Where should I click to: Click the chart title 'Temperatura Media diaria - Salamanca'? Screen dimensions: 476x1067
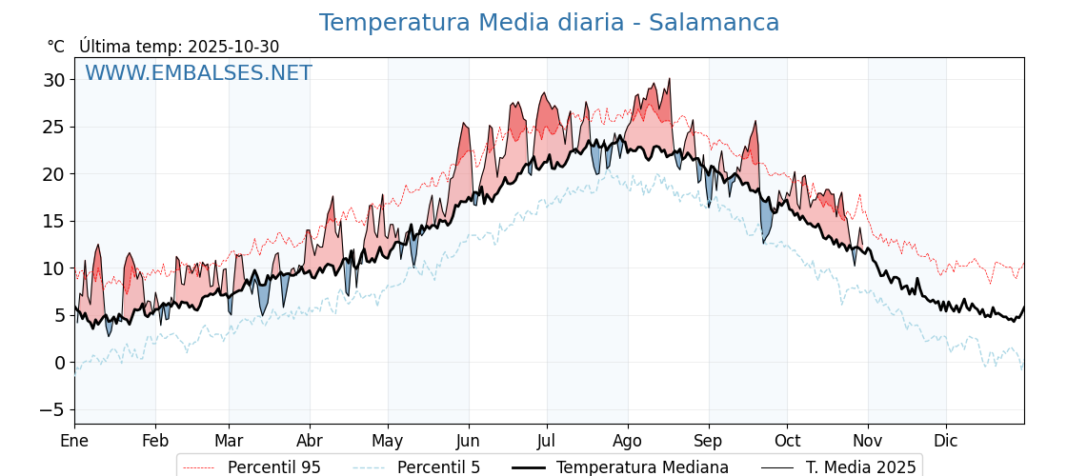pyautogui.click(x=549, y=23)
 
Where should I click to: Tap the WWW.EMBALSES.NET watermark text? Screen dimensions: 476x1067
pyautogui.click(x=198, y=73)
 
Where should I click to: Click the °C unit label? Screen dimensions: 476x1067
pyautogui.click(x=56, y=47)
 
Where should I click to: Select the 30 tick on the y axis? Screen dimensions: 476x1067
pyautogui.click(x=53, y=80)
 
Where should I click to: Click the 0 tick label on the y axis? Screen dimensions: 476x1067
pyautogui.click(x=60, y=363)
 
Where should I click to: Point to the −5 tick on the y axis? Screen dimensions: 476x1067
pyautogui.click(x=53, y=410)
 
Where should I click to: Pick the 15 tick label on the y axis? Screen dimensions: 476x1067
pyautogui.click(x=53, y=221)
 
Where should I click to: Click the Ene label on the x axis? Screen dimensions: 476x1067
pyautogui.click(x=74, y=441)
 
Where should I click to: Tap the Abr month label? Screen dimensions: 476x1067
pyautogui.click(x=310, y=441)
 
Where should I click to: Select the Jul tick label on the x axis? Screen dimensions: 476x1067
pyautogui.click(x=547, y=441)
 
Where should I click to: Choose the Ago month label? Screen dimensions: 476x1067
pyautogui.click(x=628, y=441)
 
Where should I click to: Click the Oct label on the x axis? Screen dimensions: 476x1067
pyautogui.click(x=787, y=441)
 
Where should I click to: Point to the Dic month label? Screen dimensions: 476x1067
pyautogui.click(x=946, y=441)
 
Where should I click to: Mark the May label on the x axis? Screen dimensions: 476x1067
pyautogui.click(x=388, y=441)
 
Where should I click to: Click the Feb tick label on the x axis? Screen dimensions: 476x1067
pyautogui.click(x=155, y=441)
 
